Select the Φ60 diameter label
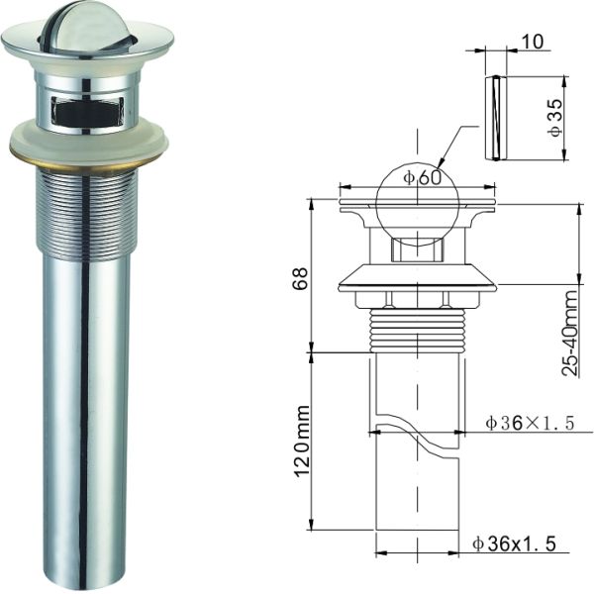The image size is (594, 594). [x=422, y=177]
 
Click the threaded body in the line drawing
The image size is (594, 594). [x=416, y=327]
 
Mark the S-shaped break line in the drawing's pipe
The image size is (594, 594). [x=416, y=436]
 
